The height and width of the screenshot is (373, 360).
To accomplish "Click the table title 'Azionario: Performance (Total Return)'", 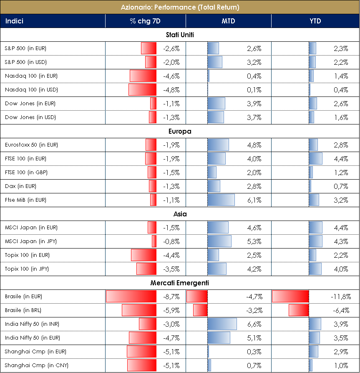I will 180,7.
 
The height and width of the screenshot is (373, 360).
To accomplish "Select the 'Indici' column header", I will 15,21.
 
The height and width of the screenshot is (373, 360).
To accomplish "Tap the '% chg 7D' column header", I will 145,21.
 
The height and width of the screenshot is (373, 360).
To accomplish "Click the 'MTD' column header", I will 228,21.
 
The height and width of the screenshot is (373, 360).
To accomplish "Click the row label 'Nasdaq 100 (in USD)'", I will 31,90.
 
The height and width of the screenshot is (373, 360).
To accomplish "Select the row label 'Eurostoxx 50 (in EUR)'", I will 31,145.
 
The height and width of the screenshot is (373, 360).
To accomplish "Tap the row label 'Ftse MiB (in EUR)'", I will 26,200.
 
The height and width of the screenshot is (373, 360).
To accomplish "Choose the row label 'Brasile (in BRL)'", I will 23,310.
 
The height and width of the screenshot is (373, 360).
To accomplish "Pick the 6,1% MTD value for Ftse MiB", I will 254,200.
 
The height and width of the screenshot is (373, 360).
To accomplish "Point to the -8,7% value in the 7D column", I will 171,297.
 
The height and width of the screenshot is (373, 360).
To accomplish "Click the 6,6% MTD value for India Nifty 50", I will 254,324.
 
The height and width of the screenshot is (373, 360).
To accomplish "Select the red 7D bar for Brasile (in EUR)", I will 131,297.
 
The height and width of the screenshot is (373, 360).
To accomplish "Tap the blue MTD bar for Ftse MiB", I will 221,200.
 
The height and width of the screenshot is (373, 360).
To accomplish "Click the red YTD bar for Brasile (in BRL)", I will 298,310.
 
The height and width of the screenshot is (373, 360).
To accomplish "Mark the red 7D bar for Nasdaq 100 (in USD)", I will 142,90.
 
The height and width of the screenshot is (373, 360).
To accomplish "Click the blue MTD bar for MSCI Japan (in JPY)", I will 219,241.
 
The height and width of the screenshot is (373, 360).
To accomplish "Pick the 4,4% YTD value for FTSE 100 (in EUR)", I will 341,159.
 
